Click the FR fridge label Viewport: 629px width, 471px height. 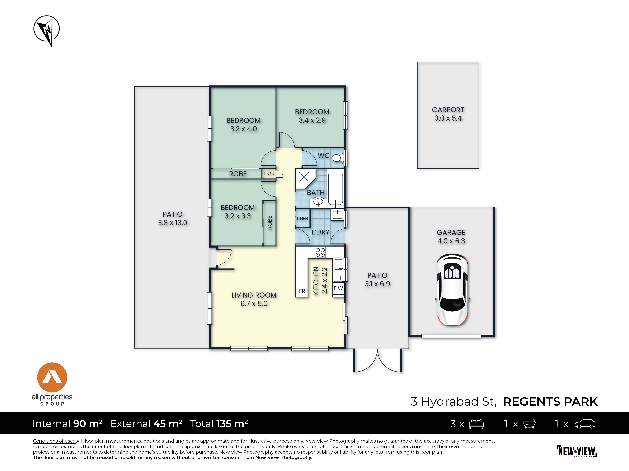[302, 291]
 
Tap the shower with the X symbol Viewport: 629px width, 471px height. [305, 178]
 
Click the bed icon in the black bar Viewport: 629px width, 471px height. [476, 424]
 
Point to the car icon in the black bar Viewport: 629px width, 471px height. [585, 424]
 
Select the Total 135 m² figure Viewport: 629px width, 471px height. [219, 424]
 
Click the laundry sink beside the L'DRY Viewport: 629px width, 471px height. [337, 215]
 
